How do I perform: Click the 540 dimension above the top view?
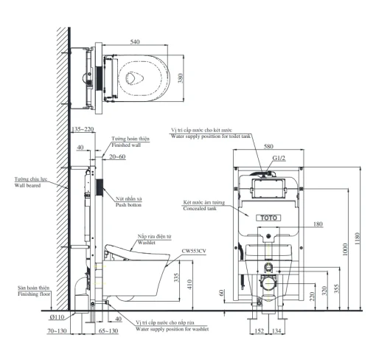tap(135, 42)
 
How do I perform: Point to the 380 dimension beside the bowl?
tap(181, 78)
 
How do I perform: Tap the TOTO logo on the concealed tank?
tap(268, 218)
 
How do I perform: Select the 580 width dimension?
tap(268, 146)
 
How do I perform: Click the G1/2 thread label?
tap(279, 158)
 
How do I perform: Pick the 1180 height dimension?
tap(358, 238)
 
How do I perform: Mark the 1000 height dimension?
tap(345, 249)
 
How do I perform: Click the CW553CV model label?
tap(194, 251)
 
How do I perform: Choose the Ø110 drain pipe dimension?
tap(57, 317)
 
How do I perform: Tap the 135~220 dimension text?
tap(83, 129)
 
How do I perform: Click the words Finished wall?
tap(126, 145)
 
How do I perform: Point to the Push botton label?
tap(128, 204)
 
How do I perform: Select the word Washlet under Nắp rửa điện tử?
tap(147, 243)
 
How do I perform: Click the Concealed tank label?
tap(200, 209)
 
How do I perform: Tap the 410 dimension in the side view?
tap(189, 285)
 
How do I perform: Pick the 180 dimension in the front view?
tap(318, 224)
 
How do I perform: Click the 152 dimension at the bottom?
tap(259, 331)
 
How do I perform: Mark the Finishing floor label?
tap(34, 294)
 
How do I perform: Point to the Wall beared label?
tap(27, 185)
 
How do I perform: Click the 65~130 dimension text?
tap(108, 331)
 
